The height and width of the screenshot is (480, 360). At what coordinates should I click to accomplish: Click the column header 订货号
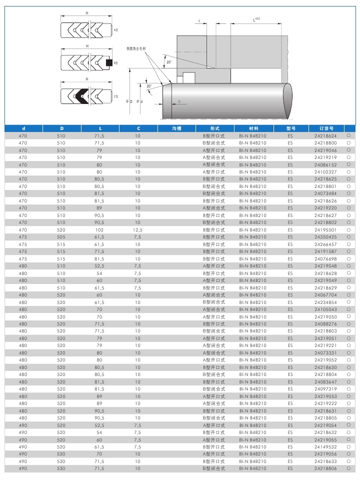pos(325,128)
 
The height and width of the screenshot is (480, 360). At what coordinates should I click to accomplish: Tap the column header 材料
pos(252,128)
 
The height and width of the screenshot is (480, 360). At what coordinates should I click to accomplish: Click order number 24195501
pos(325,229)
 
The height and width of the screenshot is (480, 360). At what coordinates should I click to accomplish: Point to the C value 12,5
pos(138,229)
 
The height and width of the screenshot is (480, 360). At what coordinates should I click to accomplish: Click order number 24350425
pos(325,237)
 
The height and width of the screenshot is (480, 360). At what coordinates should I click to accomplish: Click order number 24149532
pos(325,446)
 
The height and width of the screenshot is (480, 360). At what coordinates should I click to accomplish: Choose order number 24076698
pos(325,258)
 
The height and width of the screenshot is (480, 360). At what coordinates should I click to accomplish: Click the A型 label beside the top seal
pos(115,30)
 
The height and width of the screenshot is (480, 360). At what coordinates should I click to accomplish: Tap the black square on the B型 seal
pos(109,63)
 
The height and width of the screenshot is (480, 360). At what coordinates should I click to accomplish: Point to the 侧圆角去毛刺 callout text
pos(135,48)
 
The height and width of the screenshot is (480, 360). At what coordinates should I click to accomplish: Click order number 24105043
pos(325,309)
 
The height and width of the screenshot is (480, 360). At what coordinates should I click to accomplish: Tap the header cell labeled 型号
pos(291,128)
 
